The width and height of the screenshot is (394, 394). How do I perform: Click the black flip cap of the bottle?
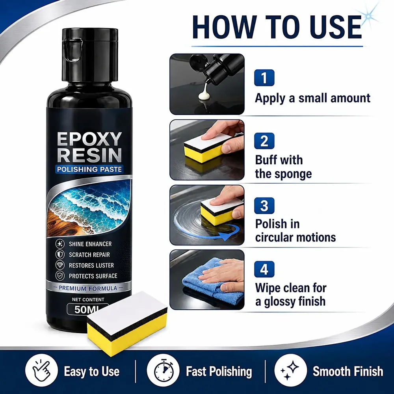pos(90,55)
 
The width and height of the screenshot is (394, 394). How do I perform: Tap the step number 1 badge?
pos(264,78)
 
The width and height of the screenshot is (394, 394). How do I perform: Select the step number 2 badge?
pos(264,141)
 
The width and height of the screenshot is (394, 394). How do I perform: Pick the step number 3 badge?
pos(264,206)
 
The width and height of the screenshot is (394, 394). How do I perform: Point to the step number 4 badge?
pos(264,269)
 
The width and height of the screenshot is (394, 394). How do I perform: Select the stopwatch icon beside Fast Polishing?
pos(163,370)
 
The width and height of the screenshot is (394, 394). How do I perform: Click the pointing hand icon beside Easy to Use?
pos(41,370)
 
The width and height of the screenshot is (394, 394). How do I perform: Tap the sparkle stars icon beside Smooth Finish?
pos(290,370)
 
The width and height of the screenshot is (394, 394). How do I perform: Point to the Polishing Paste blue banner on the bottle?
pos(89,169)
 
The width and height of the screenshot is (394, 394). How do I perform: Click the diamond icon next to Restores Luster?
pos(60,265)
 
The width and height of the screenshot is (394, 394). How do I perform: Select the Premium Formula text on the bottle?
pos(88,288)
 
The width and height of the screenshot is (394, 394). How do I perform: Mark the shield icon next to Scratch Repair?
pos(60,255)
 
